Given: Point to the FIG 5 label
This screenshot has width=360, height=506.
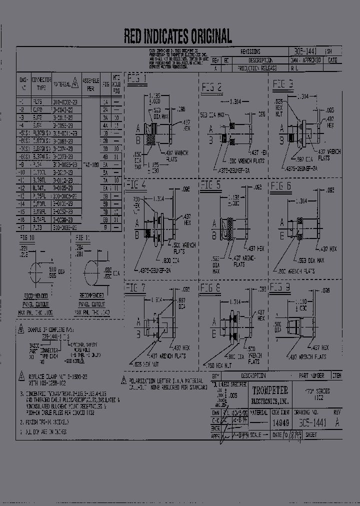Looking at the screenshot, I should [x=210, y=185].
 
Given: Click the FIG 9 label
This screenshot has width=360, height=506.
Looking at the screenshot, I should [x=280, y=287].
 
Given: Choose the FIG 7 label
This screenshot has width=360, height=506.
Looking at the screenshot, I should [x=136, y=287].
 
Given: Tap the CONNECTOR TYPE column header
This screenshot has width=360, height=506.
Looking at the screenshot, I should [x=41, y=83].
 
